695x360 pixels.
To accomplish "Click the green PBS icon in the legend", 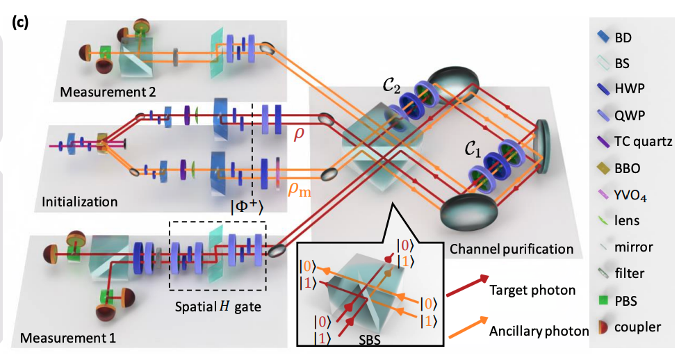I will coord(603,302).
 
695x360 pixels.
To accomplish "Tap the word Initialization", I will coord(79,202).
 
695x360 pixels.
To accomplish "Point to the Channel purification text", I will coord(512,248).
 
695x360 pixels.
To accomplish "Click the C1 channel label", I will coord(475,148).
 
